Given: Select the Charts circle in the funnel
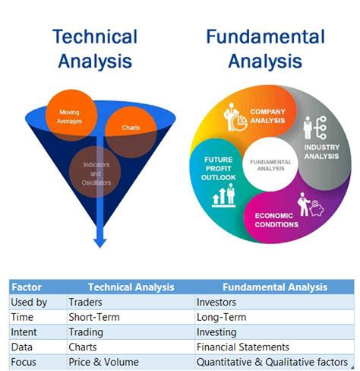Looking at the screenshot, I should click(131, 128).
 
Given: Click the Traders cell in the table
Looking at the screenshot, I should click(86, 303).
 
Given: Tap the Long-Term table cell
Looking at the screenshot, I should click(221, 317).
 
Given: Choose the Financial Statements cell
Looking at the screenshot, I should click(243, 347).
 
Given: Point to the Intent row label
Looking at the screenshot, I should click(25, 332).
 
